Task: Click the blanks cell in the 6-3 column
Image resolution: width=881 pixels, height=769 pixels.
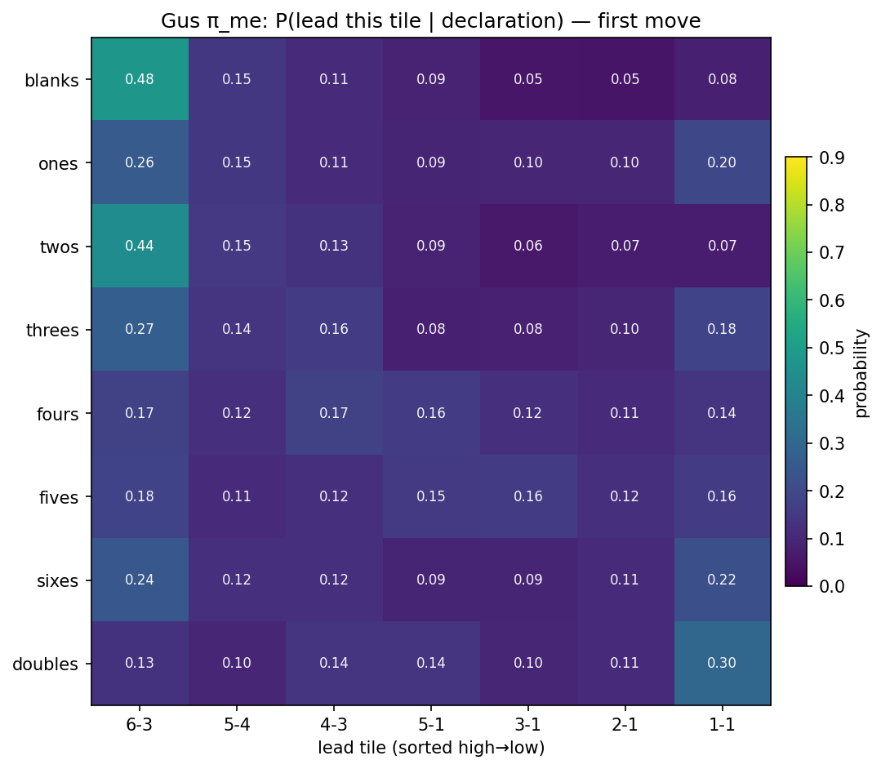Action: click(x=140, y=79)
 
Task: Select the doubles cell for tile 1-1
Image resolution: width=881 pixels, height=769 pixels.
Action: click(x=723, y=663)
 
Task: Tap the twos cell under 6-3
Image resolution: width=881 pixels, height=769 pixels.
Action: click(x=140, y=246)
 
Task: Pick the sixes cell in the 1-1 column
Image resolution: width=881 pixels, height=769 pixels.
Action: click(x=723, y=580)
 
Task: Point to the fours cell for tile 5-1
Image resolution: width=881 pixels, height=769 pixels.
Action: click(x=431, y=413)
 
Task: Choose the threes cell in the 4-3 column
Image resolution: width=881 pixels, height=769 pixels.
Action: click(x=334, y=330)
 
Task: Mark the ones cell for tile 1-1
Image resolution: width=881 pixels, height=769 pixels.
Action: click(x=723, y=162)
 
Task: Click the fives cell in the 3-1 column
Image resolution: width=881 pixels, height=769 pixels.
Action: click(x=528, y=496)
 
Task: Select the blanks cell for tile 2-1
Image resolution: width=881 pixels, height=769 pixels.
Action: click(x=625, y=79)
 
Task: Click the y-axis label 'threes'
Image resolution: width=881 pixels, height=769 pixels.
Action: click(x=53, y=331)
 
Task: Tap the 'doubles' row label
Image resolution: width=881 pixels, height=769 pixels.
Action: click(x=46, y=664)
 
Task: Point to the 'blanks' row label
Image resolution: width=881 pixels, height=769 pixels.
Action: click(x=51, y=81)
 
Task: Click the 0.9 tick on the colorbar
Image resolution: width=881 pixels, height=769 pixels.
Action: click(x=824, y=158)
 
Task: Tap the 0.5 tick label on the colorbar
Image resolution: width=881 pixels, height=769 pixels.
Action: click(x=824, y=349)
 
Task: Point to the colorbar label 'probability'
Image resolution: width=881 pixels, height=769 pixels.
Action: click(x=861, y=371)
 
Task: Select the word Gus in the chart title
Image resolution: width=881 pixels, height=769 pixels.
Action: click(x=178, y=21)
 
